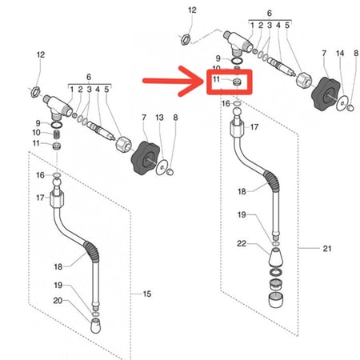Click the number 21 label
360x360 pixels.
(x=327, y=249)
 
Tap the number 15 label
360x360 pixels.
(x=147, y=294)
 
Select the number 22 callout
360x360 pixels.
(x=242, y=243)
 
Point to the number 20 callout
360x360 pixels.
(x=58, y=301)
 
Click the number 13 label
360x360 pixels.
(x=159, y=118)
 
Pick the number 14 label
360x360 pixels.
(x=340, y=54)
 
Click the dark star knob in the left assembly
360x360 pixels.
(x=146, y=158)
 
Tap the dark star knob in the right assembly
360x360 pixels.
(x=326, y=94)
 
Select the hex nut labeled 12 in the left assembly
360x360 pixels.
(x=35, y=91)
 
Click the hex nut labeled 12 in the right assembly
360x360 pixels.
(x=186, y=39)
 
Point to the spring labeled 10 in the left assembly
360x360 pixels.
(x=57, y=134)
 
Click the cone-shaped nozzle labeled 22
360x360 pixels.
(x=275, y=257)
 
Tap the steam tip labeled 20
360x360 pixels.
(x=96, y=326)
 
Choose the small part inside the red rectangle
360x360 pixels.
(x=237, y=82)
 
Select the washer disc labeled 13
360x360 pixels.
(x=162, y=167)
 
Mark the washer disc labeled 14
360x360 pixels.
(x=342, y=103)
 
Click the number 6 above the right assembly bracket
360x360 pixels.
(x=270, y=13)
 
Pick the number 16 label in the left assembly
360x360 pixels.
(x=40, y=175)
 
